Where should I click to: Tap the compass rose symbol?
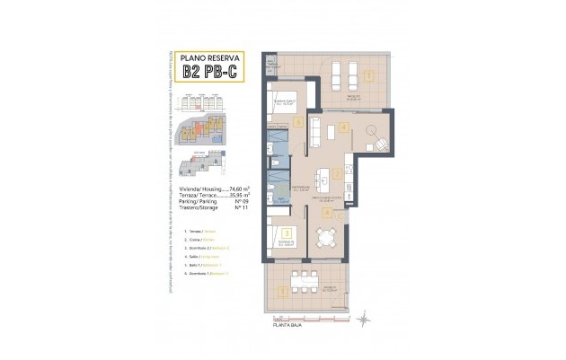pyautogui.click(x=363, y=317)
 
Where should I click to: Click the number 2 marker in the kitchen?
pyautogui.click(x=335, y=174)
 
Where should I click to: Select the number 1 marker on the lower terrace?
pyautogui.click(x=284, y=290)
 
